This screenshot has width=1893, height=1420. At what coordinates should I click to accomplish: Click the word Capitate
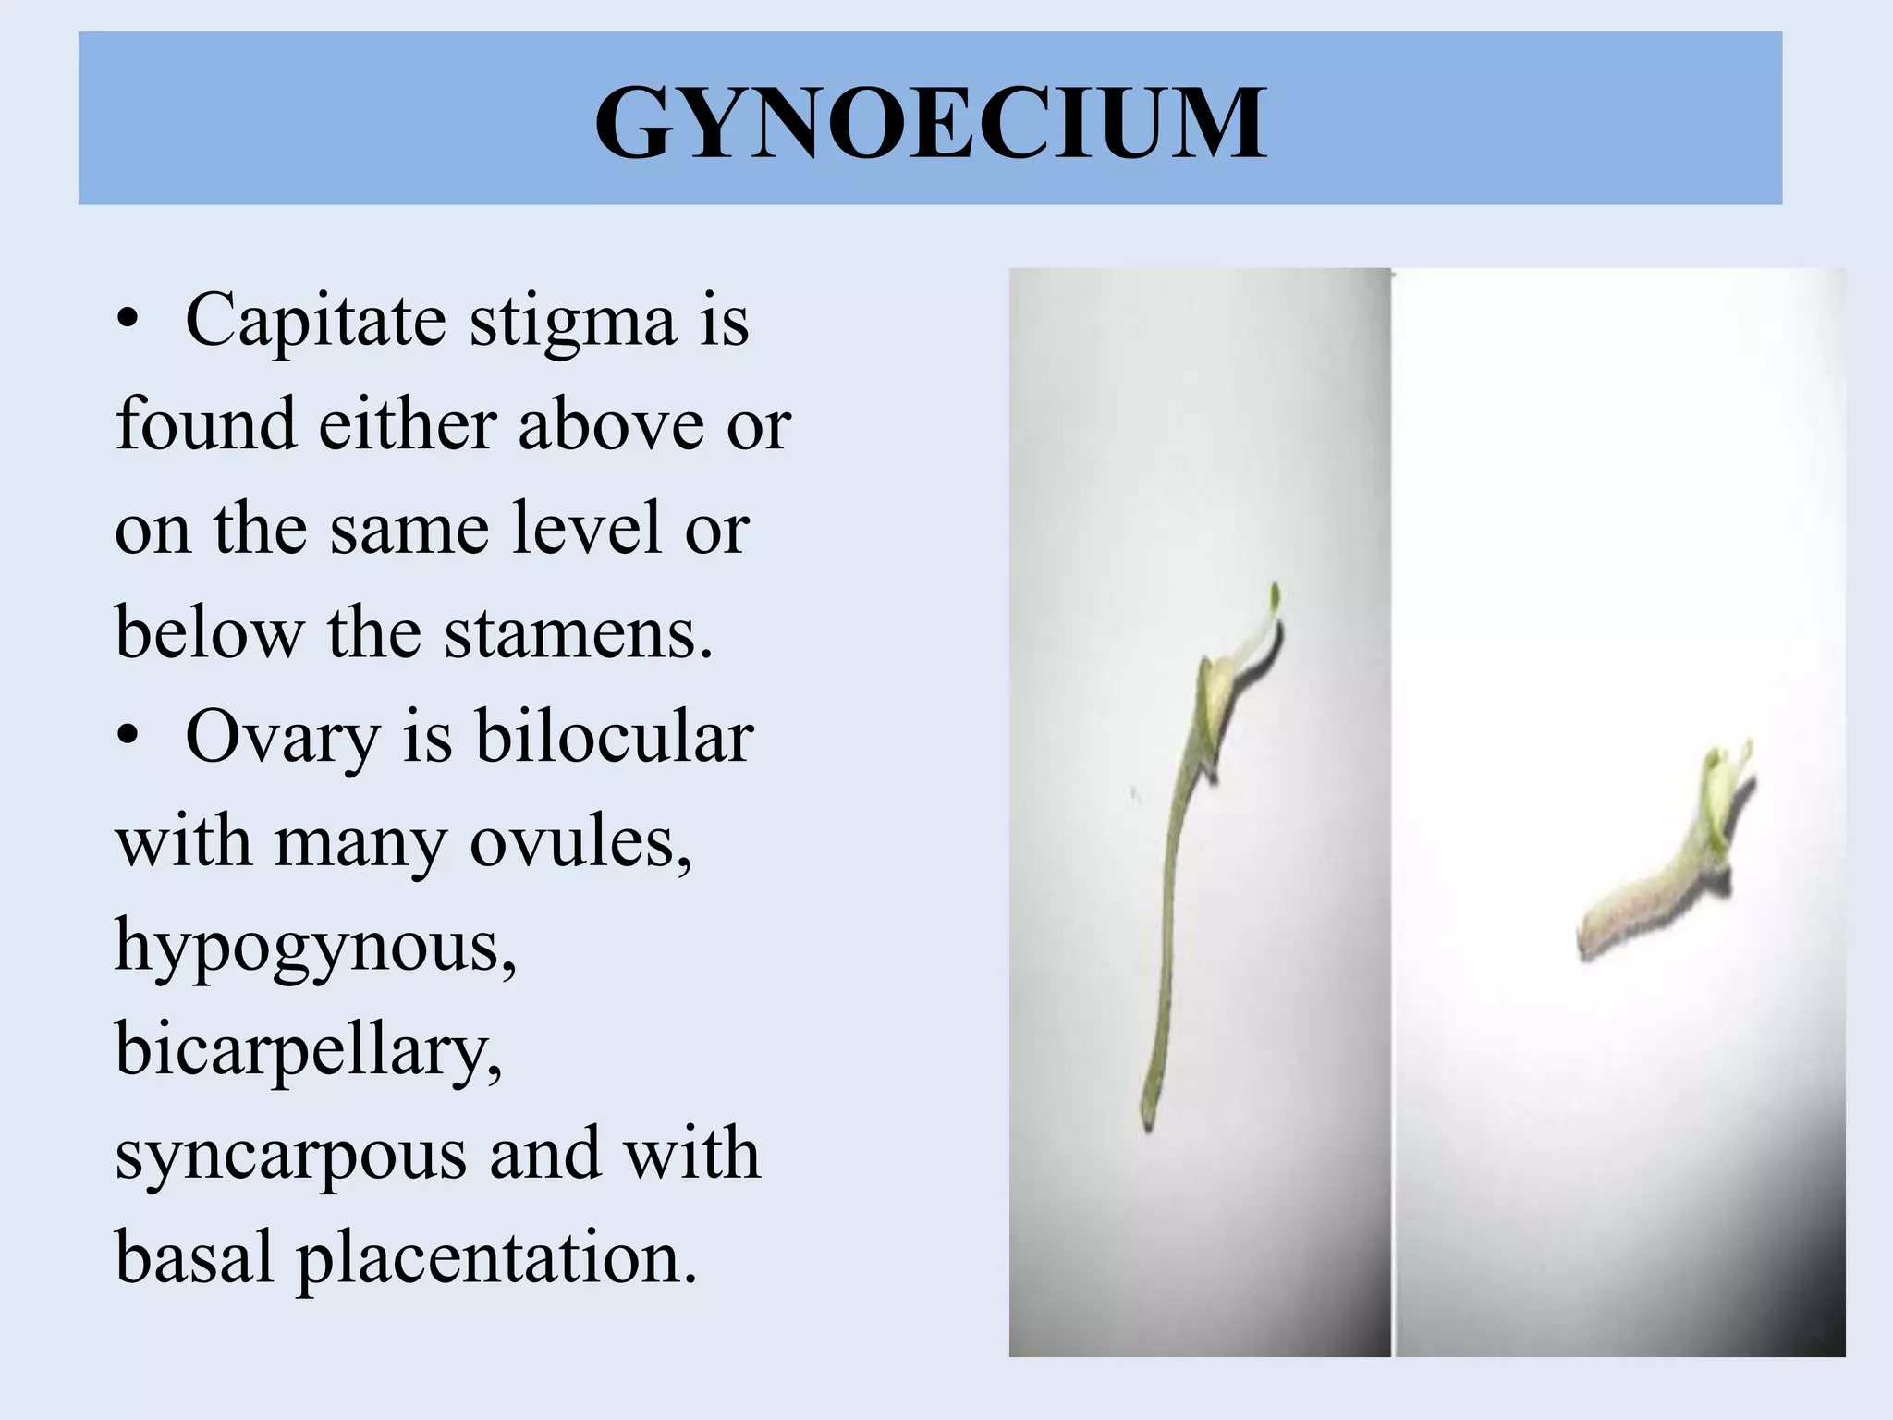coord(315,321)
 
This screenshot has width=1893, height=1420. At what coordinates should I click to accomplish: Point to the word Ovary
coord(283,739)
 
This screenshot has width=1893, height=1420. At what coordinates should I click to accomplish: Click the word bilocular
coord(614,737)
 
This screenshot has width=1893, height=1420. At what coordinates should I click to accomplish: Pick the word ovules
coord(580,842)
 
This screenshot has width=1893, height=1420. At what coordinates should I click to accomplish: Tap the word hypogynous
coord(315,948)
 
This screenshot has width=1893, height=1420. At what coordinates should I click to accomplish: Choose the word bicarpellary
coord(309,1051)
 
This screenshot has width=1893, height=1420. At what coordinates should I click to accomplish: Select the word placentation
coord(496,1258)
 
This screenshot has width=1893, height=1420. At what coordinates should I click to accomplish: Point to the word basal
coord(194,1258)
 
